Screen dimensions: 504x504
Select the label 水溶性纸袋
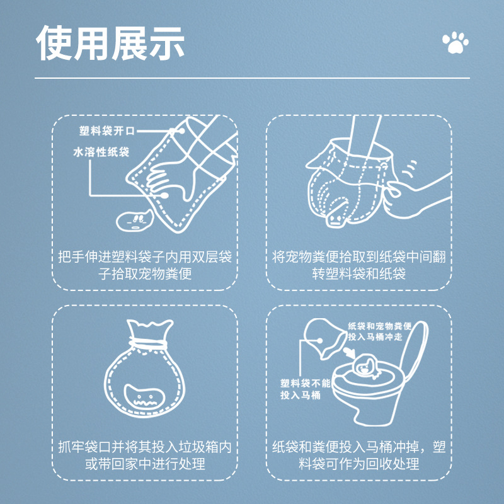pos(101,152)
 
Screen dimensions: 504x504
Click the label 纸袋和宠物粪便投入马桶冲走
pos(379,331)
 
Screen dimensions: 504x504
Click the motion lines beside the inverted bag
pos(410,169)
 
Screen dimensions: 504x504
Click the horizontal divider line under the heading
pos(252,78)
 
